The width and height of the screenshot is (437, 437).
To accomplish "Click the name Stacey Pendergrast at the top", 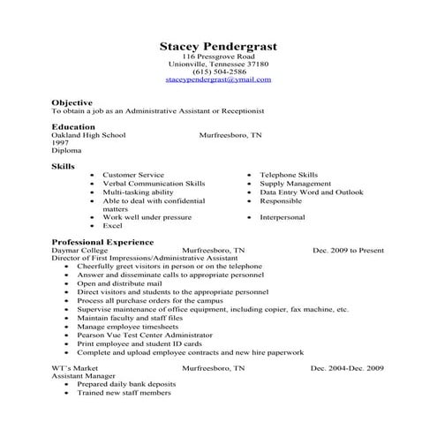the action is coord(218,45).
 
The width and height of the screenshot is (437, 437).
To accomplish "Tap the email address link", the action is coord(218,79).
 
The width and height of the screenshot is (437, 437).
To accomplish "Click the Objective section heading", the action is coord(72,102).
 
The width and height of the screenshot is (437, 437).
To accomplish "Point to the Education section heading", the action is coord(73,127).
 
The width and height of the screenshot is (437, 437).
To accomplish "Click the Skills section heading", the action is coord(63,166).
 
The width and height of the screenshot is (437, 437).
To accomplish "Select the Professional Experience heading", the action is coord(102,241).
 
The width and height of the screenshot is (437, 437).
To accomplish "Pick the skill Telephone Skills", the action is coord(289,175).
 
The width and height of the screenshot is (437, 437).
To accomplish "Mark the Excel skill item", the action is coord(112,225).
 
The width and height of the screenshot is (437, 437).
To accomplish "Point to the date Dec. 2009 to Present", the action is coord(348,250).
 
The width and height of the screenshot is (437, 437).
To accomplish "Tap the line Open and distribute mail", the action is coord(121,283).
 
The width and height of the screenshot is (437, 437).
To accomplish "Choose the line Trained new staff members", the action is coord(124,393).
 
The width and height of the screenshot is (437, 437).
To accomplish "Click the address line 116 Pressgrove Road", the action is coord(218,57).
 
